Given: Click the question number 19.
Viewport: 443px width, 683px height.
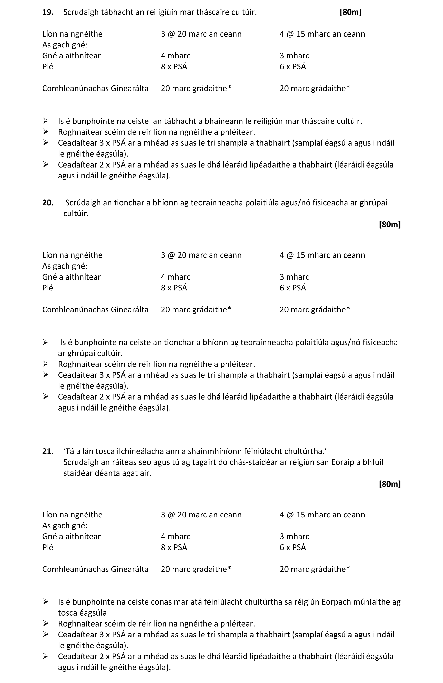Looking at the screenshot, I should coord(48,12).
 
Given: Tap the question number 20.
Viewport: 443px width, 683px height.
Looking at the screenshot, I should coord(48,203).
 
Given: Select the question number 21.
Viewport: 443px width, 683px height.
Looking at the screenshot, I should coord(48,451).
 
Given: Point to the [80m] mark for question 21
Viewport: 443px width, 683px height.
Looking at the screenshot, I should coord(390,484).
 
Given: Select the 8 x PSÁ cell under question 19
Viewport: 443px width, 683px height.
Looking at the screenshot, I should coord(174,66).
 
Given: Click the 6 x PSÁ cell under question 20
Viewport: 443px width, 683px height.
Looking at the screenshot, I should coord(293,288).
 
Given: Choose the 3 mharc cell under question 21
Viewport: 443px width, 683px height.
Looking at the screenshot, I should coord(294,536).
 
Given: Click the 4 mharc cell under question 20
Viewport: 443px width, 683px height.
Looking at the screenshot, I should coord(175,277).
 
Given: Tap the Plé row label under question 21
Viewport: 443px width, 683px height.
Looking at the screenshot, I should coord(48,547).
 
